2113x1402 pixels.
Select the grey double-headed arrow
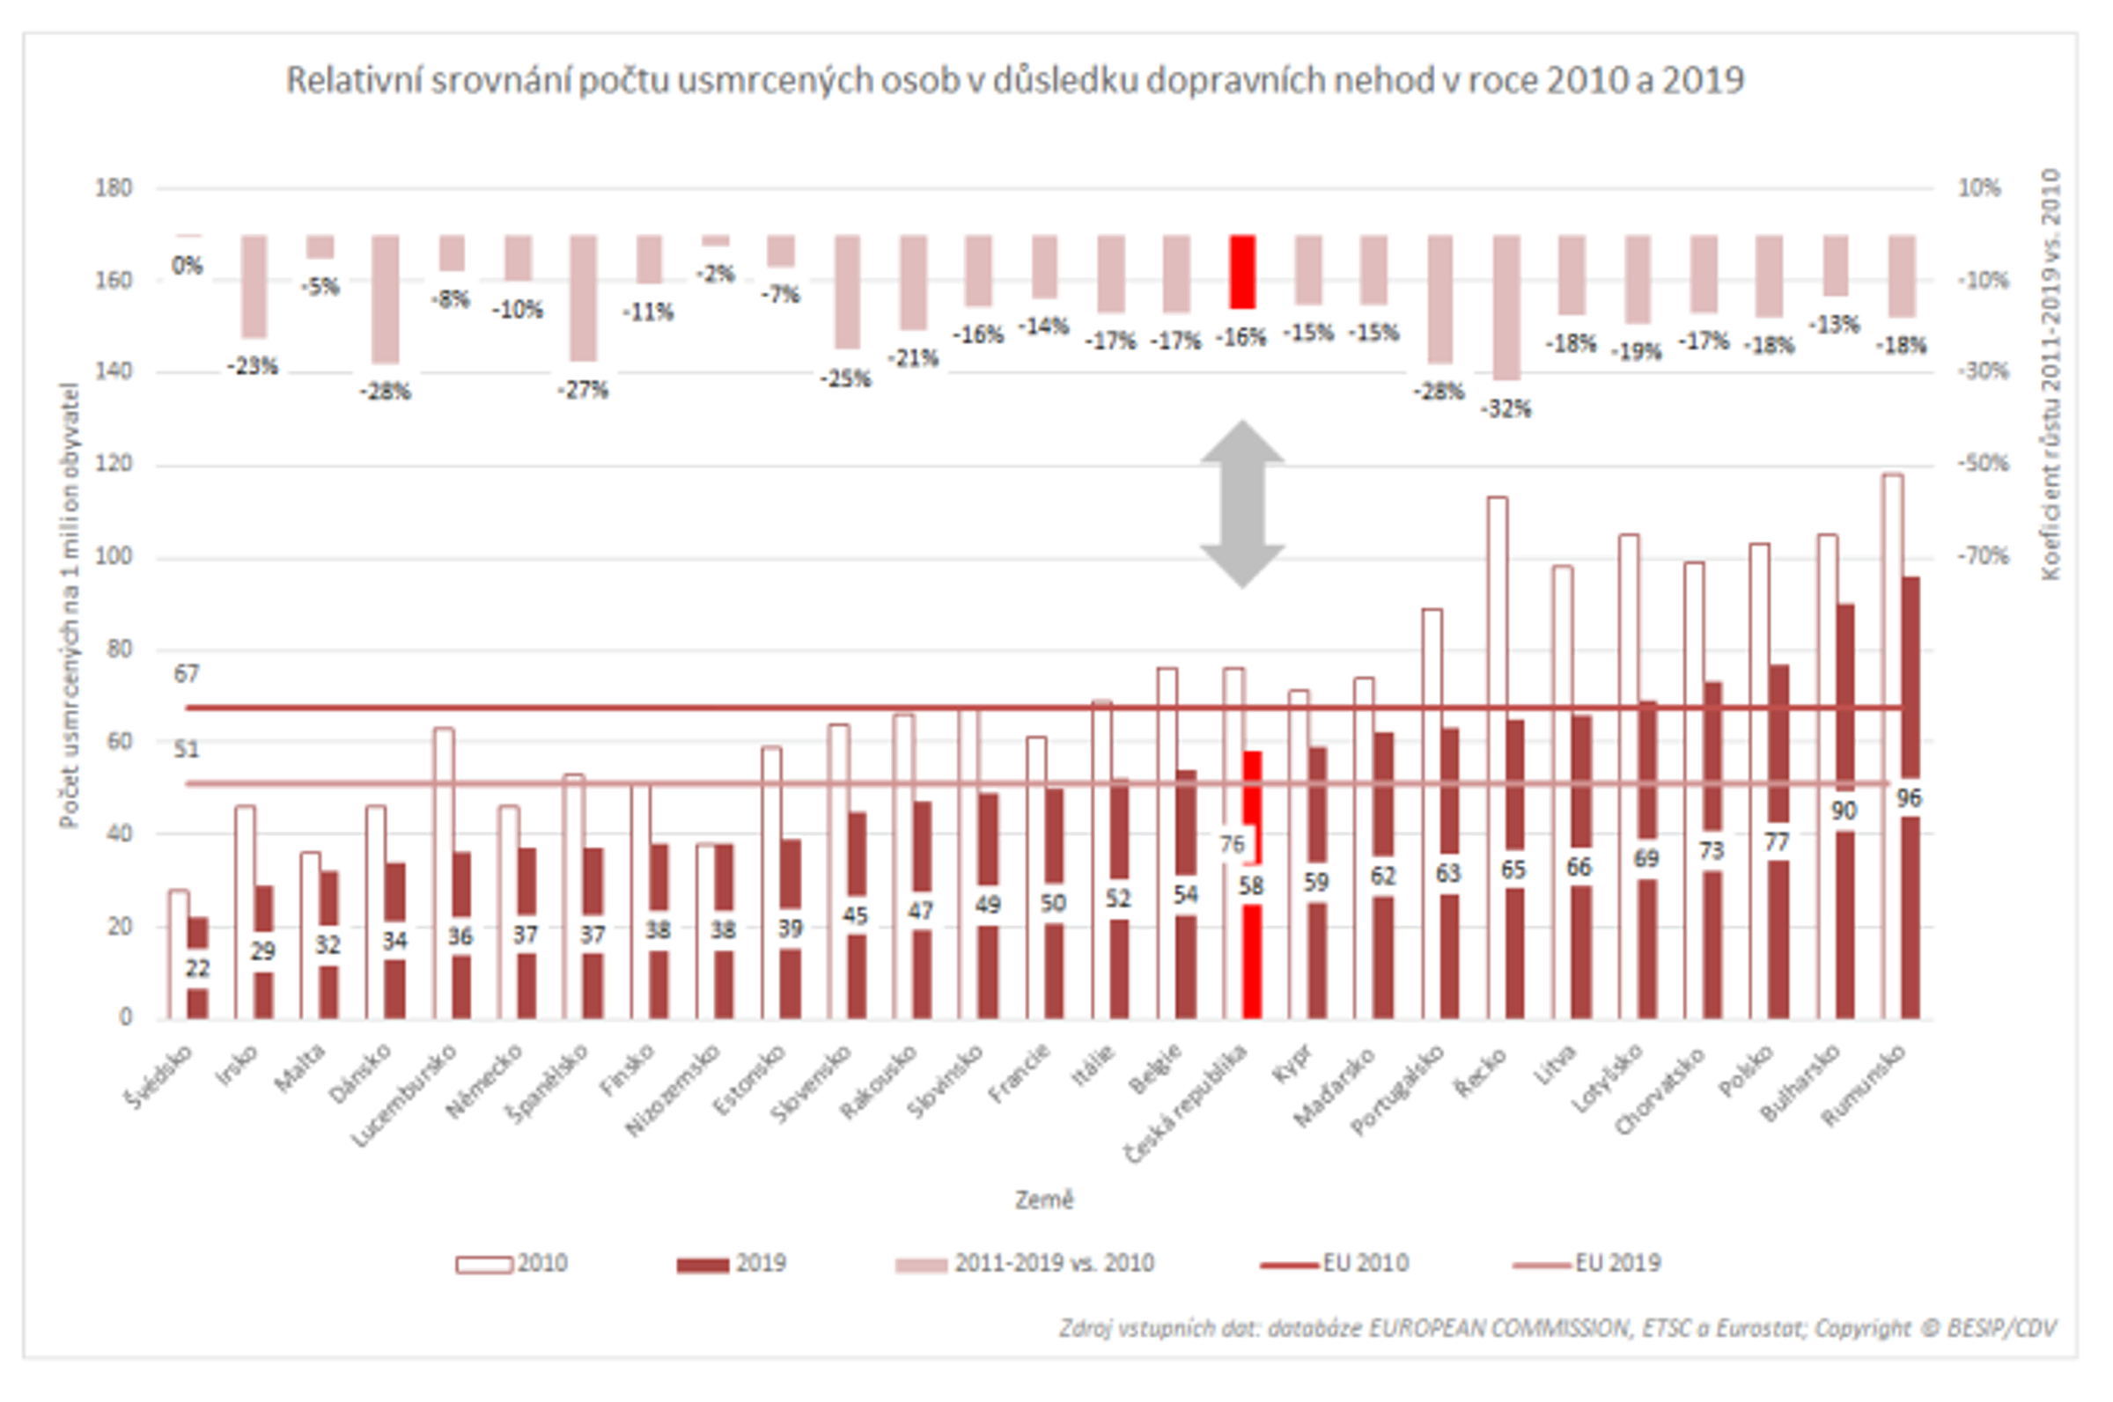click(x=1242, y=504)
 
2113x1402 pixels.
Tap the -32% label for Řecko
click(x=1506, y=409)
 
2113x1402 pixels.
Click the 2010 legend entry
click(x=512, y=1264)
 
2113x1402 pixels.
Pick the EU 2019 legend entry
click(x=1587, y=1264)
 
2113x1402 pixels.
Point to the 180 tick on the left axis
click(x=114, y=187)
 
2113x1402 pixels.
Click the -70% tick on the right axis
click(x=1984, y=556)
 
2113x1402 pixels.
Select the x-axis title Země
click(x=1043, y=1200)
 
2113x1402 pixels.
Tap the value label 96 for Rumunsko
click(x=1908, y=798)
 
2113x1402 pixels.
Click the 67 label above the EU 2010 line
click(x=186, y=674)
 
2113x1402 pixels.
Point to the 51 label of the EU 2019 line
click(x=186, y=749)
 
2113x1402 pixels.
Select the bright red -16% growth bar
click(x=1242, y=272)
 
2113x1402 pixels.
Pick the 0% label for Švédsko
click(x=187, y=266)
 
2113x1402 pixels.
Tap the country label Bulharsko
click(x=1800, y=1083)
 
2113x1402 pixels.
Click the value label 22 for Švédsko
click(x=196, y=968)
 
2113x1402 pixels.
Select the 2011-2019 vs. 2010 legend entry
click(x=1025, y=1264)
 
